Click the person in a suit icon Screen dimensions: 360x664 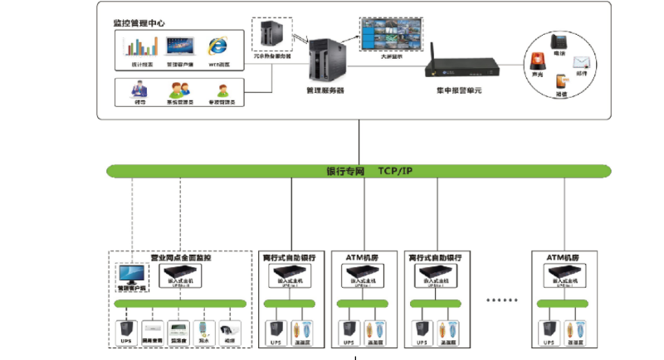point(139,88)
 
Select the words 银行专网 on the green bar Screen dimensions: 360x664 point(346,172)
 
